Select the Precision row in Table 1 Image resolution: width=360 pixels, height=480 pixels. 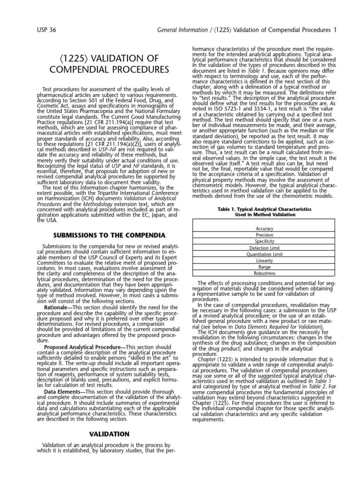pos(265,235)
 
